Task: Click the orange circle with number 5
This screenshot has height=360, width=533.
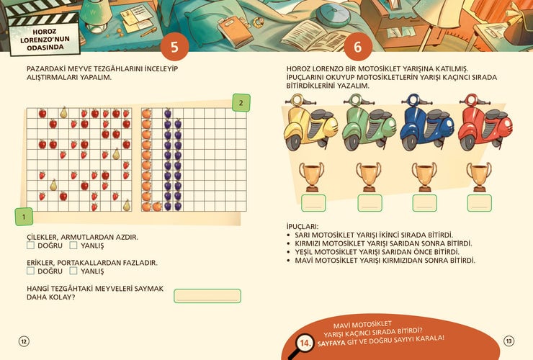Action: pyautogui.click(x=174, y=47)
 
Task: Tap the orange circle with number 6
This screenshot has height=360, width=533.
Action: pyautogui.click(x=357, y=47)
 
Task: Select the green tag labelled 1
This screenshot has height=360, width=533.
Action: pyautogui.click(x=24, y=217)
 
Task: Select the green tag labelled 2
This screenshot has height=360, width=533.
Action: pyautogui.click(x=241, y=103)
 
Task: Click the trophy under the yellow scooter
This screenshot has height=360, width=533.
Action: pyautogui.click(x=311, y=177)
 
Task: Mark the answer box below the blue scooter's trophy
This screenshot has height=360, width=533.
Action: pyautogui.click(x=424, y=203)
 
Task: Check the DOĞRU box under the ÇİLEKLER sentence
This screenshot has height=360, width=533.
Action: pyautogui.click(x=30, y=245)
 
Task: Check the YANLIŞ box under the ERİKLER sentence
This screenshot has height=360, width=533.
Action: pyautogui.click(x=73, y=271)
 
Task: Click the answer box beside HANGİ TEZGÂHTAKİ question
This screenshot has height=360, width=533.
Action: pyautogui.click(x=207, y=296)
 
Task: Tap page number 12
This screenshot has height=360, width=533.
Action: pyautogui.click(x=24, y=341)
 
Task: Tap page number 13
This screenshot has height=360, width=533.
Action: pyautogui.click(x=509, y=341)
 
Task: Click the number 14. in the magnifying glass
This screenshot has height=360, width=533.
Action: pyautogui.click(x=306, y=343)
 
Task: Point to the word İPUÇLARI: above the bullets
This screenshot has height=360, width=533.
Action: pyautogui.click(x=303, y=226)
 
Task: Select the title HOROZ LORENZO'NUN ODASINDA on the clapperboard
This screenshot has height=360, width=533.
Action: pyautogui.click(x=45, y=40)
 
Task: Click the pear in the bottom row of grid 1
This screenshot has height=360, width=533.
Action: pyautogui.click(x=127, y=205)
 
